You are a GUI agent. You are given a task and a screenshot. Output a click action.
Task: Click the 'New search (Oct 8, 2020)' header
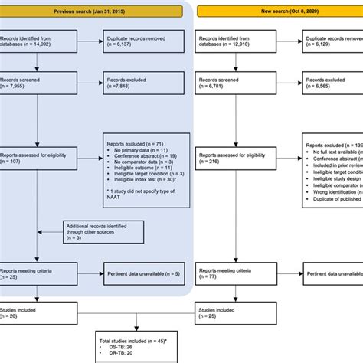(280, 11)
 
